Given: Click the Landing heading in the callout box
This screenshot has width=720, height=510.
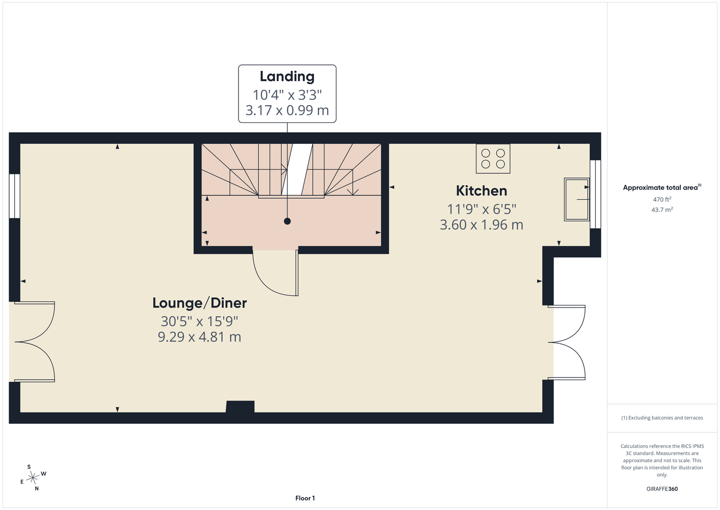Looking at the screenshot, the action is pos(287,76).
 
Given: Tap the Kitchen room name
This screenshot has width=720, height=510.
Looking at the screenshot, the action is pos(482,191).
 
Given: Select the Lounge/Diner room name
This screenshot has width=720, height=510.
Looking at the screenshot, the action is pos(200,303).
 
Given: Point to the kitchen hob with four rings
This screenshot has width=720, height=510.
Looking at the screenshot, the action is pos(493,159).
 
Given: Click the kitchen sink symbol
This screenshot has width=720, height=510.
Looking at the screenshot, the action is pos(577,199).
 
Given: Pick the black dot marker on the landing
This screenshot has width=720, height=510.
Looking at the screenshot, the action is pos(287,221).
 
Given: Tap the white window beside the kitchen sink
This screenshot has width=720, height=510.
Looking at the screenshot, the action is pos(595,194).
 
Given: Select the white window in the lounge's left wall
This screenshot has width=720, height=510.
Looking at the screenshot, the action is pos(14,196).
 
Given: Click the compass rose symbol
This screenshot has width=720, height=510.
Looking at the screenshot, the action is pos(33,478).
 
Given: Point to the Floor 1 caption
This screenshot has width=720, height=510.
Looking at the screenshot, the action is pos(305,498).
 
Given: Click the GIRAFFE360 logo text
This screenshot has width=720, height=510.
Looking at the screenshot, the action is pos(662,489).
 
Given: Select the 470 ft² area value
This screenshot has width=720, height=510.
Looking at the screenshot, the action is pos(662,199).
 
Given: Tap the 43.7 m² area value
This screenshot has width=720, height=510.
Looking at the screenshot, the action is pos(662,210).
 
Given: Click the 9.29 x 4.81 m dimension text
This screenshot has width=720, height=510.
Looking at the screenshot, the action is pos(199,337).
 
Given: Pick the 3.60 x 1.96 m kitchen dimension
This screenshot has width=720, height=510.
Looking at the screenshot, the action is pos(482,224).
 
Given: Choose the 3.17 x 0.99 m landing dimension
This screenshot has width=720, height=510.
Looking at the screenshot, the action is pos(287,110).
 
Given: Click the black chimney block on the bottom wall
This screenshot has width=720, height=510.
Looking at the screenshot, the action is pos(240,406).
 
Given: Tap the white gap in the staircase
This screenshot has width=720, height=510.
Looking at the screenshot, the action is pos(297,169).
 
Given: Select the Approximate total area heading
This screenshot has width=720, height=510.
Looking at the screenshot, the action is pos(662,187).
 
